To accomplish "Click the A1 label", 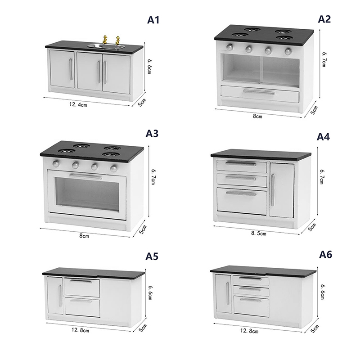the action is click(153, 20).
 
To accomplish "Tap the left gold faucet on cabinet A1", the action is click(105, 40).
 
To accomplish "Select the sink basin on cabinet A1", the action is click(106, 47).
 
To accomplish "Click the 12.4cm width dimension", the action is click(78, 105).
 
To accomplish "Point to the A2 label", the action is click(324, 19).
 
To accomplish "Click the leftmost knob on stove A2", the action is click(229, 48).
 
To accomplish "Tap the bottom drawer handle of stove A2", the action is click(259, 92).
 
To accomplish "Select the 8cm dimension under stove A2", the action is click(257, 116).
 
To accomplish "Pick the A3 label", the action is click(152, 133).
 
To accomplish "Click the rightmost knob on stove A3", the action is click(114, 168).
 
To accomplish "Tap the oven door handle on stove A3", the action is click(85, 176).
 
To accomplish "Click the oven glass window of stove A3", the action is click(87, 195).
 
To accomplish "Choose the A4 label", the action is click(323, 137).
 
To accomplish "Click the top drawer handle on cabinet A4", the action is click(241, 163).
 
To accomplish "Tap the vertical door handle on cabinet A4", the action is click(273, 190).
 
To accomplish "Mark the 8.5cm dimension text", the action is click(258, 233).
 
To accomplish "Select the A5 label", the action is click(152, 256).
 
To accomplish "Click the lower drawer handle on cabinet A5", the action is click(81, 301).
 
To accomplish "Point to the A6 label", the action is click(325, 254).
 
